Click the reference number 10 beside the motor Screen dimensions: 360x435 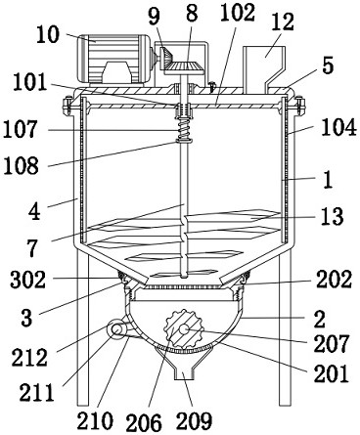(48, 35)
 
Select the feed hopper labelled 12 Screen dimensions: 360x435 (264, 67)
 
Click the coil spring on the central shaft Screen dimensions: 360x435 (184, 129)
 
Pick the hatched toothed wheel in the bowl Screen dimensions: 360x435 (184, 329)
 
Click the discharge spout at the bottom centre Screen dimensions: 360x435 (184, 363)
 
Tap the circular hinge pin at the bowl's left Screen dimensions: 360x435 (115, 329)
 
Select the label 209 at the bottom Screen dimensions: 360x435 (194, 420)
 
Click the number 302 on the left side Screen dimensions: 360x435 (27, 280)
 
